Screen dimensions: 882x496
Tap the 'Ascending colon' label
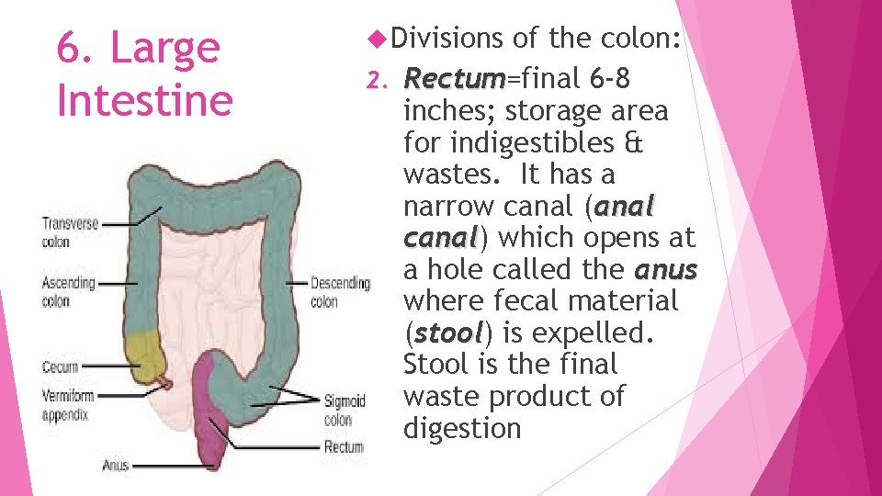(68, 292)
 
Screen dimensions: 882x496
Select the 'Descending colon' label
(340, 292)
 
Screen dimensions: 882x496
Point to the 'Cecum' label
(60, 367)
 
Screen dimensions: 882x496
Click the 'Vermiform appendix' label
(66, 405)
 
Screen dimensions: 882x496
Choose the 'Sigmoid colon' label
(344, 411)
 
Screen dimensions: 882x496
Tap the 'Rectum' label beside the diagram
(344, 447)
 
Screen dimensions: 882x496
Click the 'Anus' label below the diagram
(115, 466)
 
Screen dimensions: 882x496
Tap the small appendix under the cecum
(165, 381)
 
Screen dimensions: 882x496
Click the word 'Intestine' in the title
(144, 99)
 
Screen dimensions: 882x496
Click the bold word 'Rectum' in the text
(446, 79)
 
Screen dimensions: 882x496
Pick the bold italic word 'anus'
(665, 269)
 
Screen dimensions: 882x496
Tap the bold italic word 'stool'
(447, 333)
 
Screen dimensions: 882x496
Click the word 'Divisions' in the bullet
(447, 39)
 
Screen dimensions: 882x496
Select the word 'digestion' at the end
(461, 428)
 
